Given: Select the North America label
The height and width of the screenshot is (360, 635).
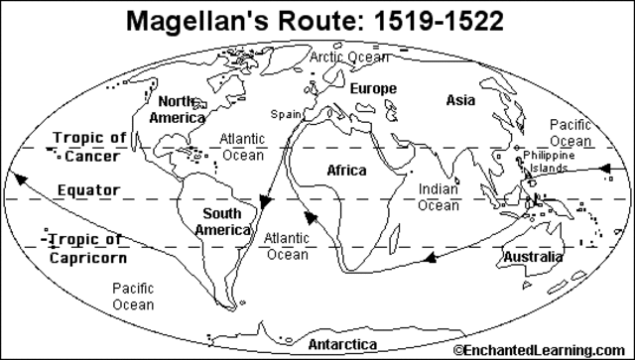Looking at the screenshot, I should coord(177,109).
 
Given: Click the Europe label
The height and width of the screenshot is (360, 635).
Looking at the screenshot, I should coord(373,88).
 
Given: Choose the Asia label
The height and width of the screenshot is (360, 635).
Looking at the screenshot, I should coord(460,99).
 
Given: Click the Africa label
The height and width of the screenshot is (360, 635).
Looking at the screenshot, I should coord(347,170).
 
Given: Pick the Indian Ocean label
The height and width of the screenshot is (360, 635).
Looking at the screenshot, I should coord(438,196).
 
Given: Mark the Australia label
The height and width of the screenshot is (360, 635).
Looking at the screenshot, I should coord(529,259).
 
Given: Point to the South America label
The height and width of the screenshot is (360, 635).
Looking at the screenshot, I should coord(222,221).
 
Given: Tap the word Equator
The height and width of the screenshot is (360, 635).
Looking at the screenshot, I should coord(88,189).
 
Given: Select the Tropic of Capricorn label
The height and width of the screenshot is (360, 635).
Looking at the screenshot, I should coord(86,249).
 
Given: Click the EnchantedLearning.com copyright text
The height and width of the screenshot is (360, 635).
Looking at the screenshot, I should coord(543,351).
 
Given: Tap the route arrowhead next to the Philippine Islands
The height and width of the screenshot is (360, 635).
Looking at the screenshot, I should coord(603,170).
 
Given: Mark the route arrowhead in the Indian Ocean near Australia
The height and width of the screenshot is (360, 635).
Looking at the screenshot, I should coord(430,258).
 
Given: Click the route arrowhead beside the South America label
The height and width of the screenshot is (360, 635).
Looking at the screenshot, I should coord(265,202).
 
